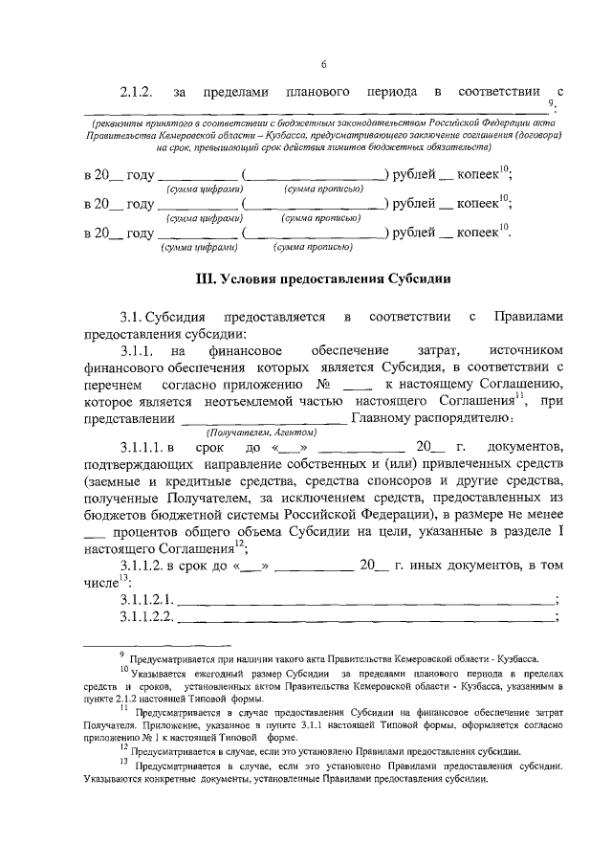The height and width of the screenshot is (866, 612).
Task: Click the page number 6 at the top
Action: (323, 64)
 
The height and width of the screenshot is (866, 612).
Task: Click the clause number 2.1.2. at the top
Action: (138, 93)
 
